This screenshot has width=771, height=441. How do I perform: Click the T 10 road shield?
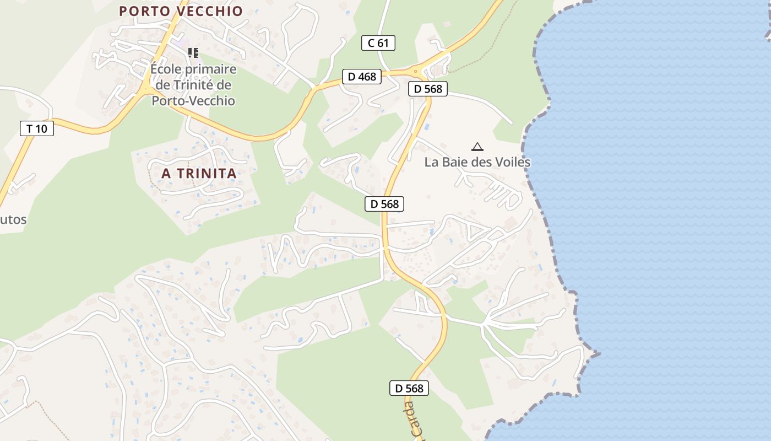37,129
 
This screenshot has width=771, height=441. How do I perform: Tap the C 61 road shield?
378,43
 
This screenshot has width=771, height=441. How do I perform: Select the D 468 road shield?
362,77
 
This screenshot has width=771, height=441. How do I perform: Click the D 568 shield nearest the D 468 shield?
428,89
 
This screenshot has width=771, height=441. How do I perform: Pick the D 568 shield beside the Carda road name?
409,388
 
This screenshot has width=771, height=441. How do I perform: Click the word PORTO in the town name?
144,11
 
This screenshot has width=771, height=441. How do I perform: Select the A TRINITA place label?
199,173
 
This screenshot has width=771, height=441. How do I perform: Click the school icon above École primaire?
193,53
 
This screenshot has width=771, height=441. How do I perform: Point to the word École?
166,69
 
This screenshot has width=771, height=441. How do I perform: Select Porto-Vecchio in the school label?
193,101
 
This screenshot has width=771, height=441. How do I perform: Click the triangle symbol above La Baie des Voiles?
477,147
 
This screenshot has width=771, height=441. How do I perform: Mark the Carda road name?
411,422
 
